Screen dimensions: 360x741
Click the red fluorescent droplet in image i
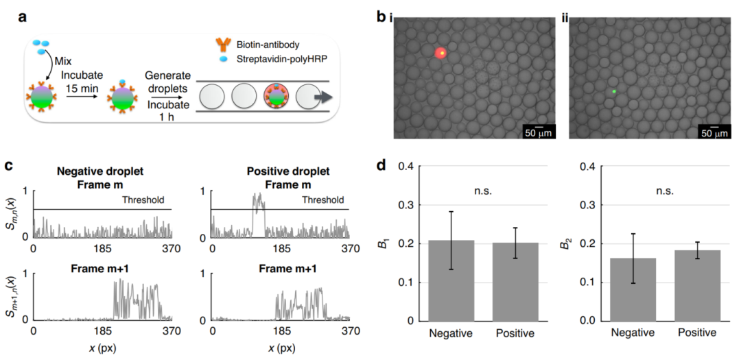pos(441,53)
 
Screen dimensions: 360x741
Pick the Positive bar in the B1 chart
pos(515,281)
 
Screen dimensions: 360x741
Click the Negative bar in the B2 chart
pos(633,289)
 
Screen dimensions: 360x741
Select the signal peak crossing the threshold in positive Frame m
pos(257,202)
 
